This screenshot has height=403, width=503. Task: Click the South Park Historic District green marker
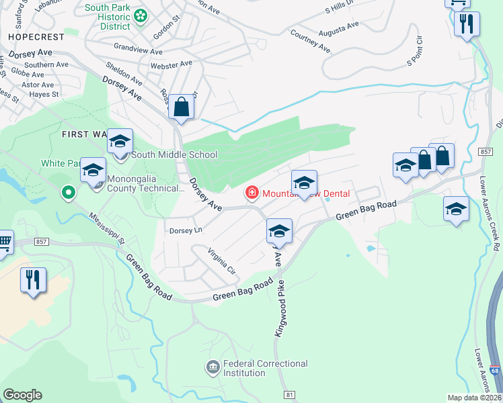coord(141,15)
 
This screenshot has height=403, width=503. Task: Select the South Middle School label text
coord(174,154)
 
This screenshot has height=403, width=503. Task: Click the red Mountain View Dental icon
coord(252,193)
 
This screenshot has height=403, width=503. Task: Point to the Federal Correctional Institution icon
coord(212,367)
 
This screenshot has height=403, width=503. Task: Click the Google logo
coord(22,394)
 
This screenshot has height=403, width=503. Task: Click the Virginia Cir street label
coord(223,262)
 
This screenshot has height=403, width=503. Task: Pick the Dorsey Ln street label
coord(186,230)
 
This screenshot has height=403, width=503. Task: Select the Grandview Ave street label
coord(139,49)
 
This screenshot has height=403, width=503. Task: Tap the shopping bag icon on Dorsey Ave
coord(182,106)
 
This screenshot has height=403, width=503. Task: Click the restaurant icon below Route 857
coord(33,279)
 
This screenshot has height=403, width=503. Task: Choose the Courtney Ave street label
coord(310,40)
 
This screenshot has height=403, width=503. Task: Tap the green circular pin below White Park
coord(68,193)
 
